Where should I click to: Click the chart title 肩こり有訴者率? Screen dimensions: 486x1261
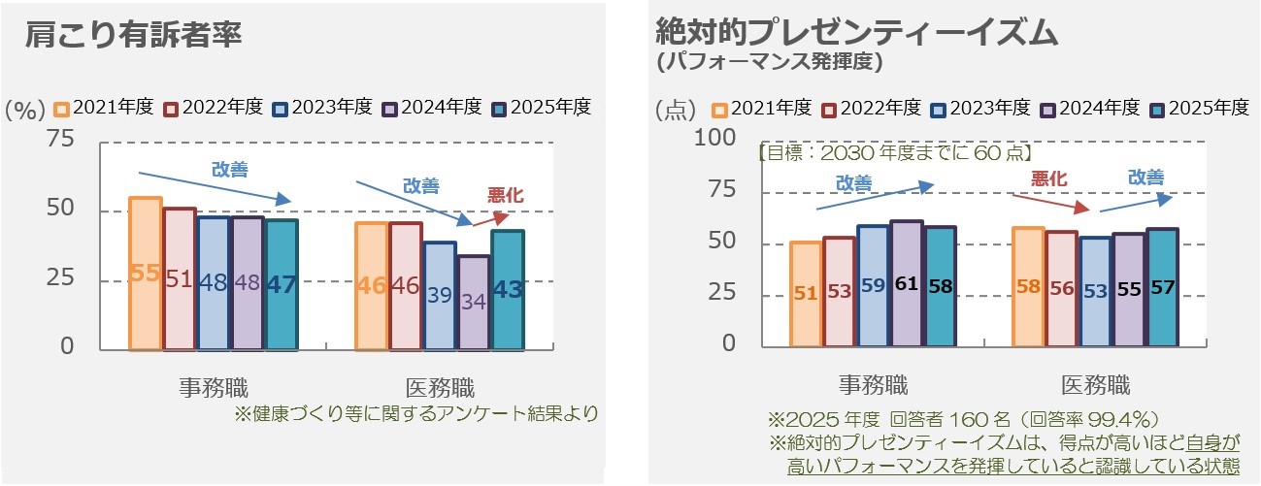(134, 35)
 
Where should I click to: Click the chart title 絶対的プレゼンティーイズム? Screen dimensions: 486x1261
(855, 31)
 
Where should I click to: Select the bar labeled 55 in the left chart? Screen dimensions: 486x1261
(145, 273)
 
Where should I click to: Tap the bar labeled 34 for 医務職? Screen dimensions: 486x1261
(474, 302)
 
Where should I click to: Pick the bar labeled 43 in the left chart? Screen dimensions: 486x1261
(508, 289)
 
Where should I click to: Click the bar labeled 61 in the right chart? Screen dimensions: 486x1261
(906, 283)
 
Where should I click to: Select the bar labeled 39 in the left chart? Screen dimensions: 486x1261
(440, 295)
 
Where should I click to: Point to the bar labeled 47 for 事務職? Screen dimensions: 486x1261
(282, 283)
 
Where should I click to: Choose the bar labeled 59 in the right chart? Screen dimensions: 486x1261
(872, 285)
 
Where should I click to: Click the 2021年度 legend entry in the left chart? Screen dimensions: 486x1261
(104, 108)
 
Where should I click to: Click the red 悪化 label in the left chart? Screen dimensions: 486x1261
(505, 196)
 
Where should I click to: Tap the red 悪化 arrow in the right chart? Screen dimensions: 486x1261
(1049, 202)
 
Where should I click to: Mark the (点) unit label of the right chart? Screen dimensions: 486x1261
(676, 109)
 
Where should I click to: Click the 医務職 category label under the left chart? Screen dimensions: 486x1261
(439, 388)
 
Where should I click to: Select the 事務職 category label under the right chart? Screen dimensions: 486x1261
(873, 385)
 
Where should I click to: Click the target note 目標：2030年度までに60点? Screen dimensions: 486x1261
(893, 153)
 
